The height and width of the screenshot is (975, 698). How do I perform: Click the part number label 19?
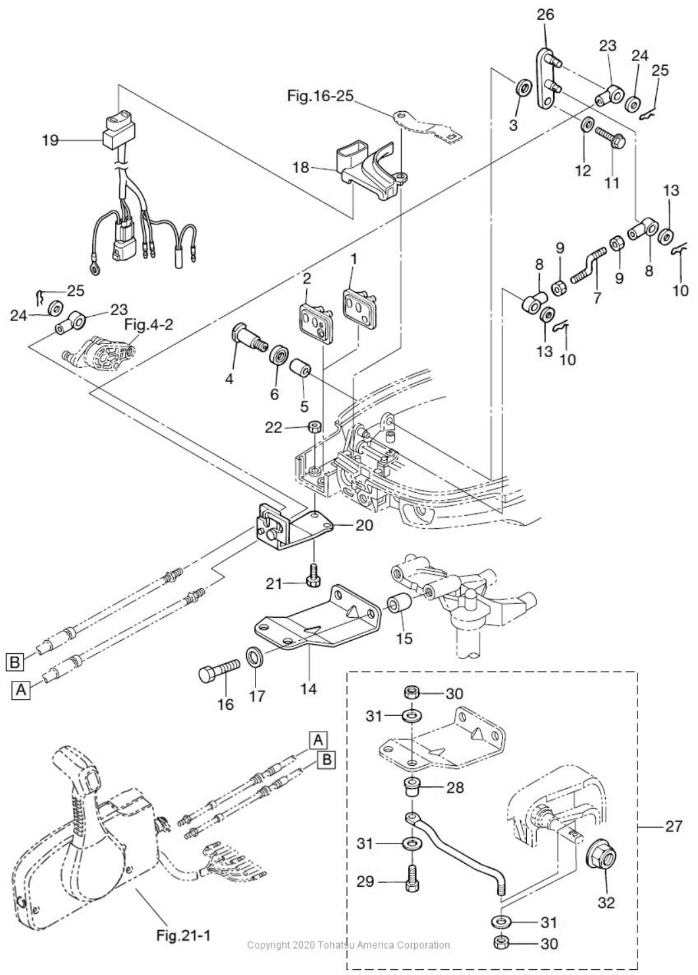point(51,140)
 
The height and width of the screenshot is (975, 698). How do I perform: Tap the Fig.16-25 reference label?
point(320,95)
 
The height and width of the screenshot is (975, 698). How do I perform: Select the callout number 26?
point(545,14)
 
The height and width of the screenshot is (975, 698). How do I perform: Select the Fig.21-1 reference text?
point(183,935)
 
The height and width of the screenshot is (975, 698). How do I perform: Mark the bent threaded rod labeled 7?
point(589,264)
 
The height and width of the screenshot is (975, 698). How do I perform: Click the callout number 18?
point(300,167)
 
